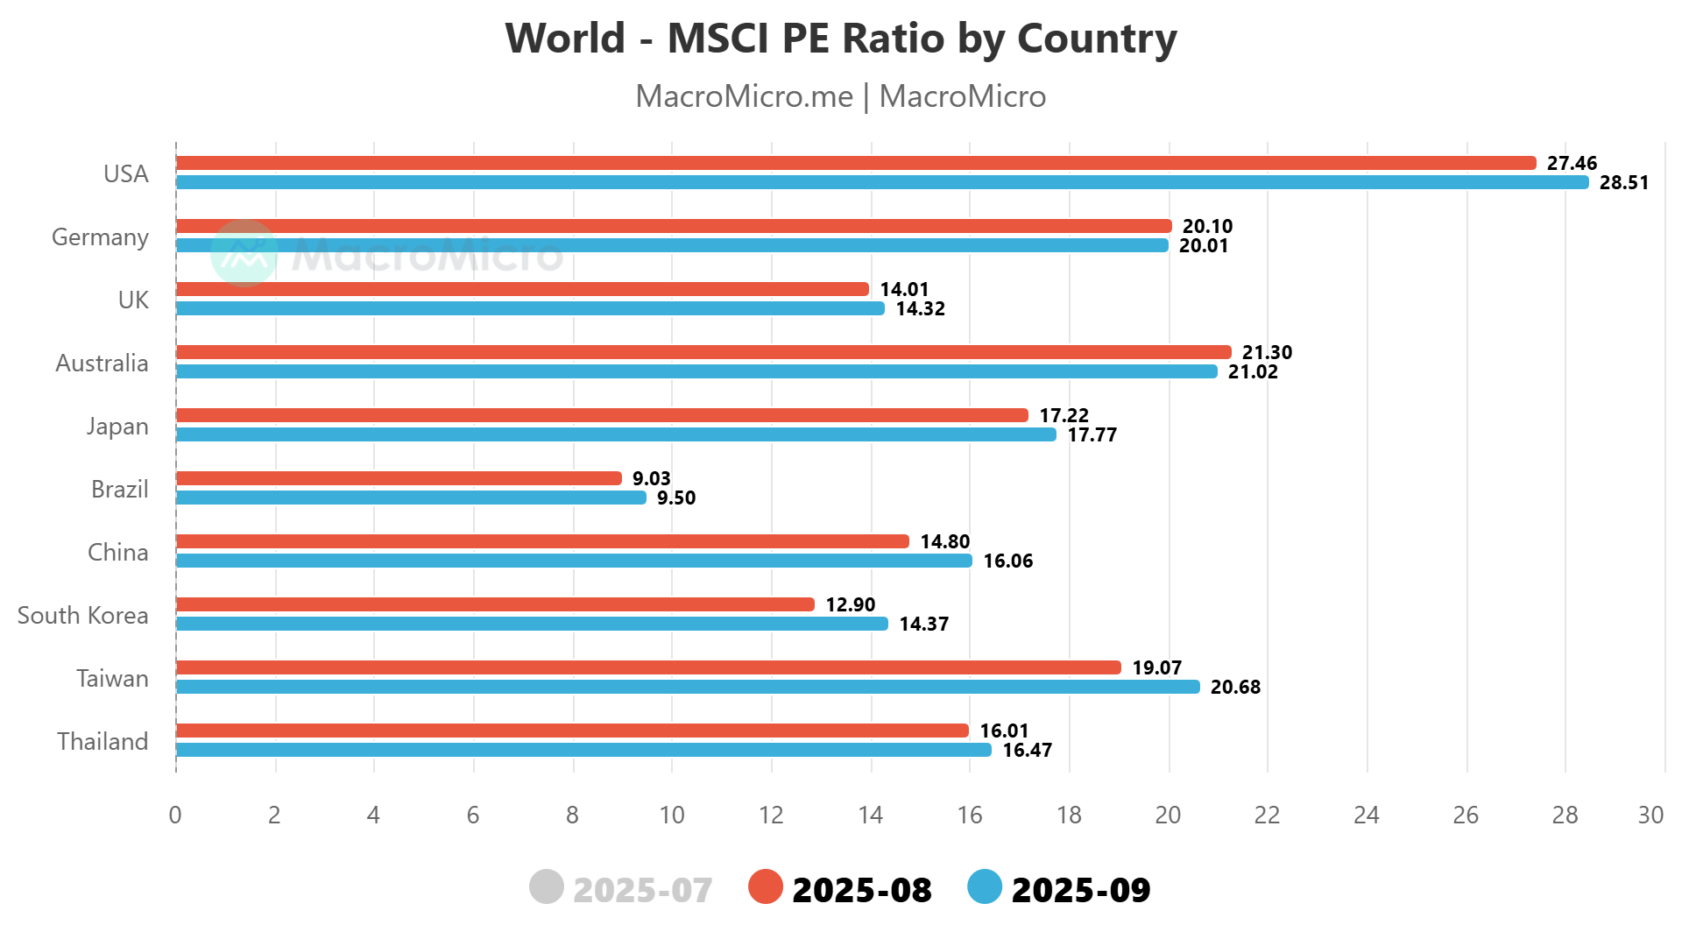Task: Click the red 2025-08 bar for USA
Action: [856, 163]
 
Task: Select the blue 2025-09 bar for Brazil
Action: [411, 498]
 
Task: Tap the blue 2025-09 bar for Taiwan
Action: [688, 687]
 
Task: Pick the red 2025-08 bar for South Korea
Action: [495, 604]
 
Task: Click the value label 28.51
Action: [1623, 183]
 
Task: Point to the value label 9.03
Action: [651, 478]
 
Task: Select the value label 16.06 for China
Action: [1007, 561]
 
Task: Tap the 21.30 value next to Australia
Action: [1267, 352]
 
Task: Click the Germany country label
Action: [100, 237]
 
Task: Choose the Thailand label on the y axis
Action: [102, 742]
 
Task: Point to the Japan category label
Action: [117, 427]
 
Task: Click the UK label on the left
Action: [133, 300]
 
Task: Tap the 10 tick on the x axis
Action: [672, 815]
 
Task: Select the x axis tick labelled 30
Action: [1650, 815]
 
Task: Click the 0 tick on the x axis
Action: [175, 815]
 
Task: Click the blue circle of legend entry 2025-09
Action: [985, 887]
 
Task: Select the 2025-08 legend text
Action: [861, 890]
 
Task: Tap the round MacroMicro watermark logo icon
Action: [244, 253]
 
